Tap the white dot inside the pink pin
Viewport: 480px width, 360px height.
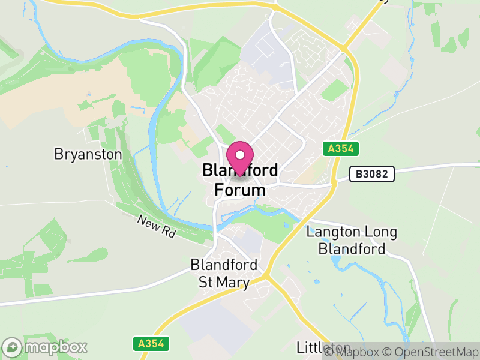tap(240, 155)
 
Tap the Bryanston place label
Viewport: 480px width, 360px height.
tap(88, 154)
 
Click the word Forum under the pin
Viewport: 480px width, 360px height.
tap(240, 191)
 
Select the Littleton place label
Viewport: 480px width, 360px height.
tap(323, 347)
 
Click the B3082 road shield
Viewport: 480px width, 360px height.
tap(372, 174)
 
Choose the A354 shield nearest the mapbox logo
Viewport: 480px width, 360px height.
tap(151, 343)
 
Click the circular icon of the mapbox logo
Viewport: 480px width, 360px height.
tap(13, 347)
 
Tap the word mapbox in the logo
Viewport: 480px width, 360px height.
tap(55, 347)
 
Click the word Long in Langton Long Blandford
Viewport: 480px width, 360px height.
tap(371, 232)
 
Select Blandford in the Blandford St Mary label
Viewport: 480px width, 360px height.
tap(224, 265)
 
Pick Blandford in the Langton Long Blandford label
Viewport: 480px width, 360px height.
tap(352, 248)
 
